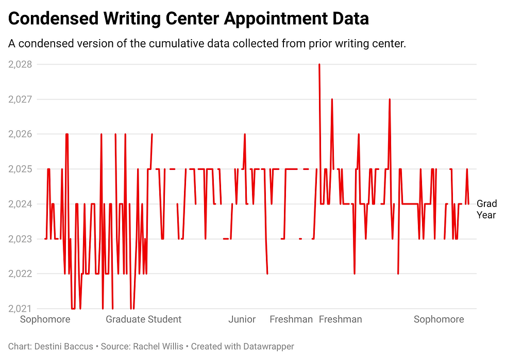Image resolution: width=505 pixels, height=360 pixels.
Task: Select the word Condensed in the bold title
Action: click(x=54, y=19)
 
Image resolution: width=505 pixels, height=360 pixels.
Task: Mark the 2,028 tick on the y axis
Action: click(x=20, y=64)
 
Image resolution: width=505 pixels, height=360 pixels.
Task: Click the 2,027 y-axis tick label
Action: click(x=20, y=99)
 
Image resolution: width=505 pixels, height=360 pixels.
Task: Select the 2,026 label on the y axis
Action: click(x=20, y=134)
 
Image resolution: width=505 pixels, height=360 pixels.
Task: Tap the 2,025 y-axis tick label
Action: click(x=20, y=169)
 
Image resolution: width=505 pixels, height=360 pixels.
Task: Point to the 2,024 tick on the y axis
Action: click(x=20, y=204)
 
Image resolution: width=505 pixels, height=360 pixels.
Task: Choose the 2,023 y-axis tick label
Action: click(x=20, y=239)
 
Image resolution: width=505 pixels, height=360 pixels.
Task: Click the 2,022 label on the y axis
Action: click(x=20, y=274)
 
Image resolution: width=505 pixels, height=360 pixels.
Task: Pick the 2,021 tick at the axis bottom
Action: click(x=20, y=308)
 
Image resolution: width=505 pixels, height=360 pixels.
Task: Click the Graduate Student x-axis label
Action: click(x=143, y=320)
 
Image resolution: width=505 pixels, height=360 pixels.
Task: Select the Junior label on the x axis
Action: click(x=242, y=320)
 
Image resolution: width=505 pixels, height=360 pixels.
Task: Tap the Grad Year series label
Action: click(x=486, y=209)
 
